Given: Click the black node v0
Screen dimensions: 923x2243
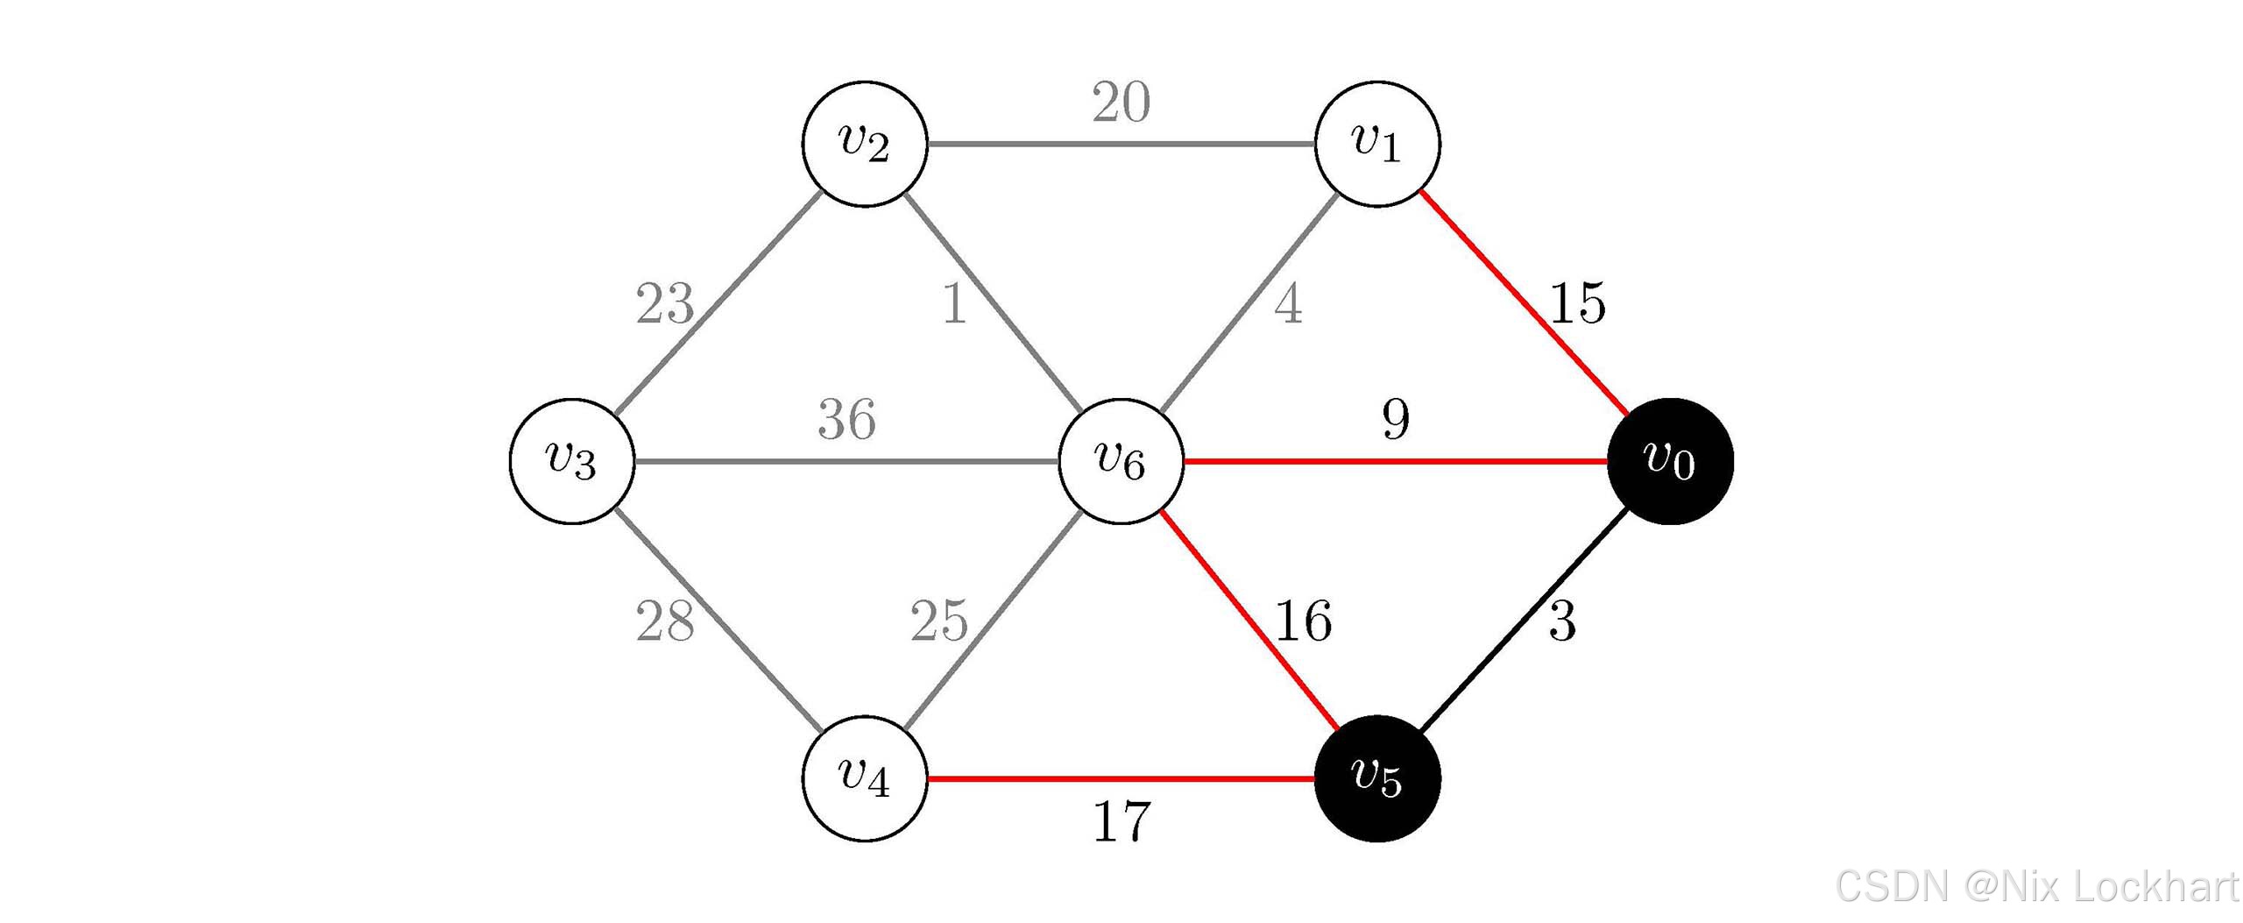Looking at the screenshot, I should (1670, 461).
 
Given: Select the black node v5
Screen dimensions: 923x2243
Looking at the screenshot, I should (1377, 778).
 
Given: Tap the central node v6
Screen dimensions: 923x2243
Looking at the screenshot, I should (1121, 461).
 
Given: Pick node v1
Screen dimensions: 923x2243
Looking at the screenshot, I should (1377, 144).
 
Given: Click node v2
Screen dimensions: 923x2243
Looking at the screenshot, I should (865, 144).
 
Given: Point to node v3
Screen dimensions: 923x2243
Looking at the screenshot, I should (572, 461).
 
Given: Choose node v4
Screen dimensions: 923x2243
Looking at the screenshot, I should (865, 778).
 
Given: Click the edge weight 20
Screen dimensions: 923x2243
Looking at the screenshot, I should (1121, 103).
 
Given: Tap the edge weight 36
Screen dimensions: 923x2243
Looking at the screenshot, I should (846, 419).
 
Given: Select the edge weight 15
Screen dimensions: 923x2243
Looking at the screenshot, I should (1577, 303).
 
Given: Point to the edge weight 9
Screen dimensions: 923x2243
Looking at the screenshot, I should (1396, 419).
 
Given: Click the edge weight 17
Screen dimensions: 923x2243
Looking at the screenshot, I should (1121, 822).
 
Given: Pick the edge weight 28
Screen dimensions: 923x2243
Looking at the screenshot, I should (665, 621).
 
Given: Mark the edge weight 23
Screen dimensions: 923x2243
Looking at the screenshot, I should (665, 303).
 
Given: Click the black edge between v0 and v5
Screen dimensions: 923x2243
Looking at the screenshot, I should (1525, 620).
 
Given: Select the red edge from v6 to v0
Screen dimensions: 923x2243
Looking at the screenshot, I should (1396, 461).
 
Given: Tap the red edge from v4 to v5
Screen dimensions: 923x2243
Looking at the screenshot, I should (1121, 778).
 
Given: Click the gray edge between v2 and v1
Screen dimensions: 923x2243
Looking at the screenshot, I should (1121, 144).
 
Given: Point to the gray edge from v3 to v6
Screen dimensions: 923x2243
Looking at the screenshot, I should (846, 461).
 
